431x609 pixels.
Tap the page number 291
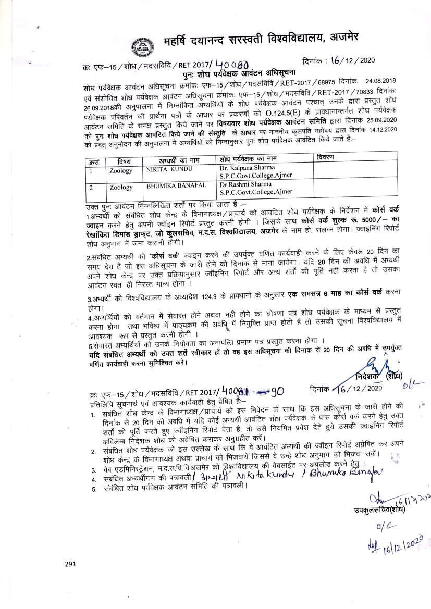71,564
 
